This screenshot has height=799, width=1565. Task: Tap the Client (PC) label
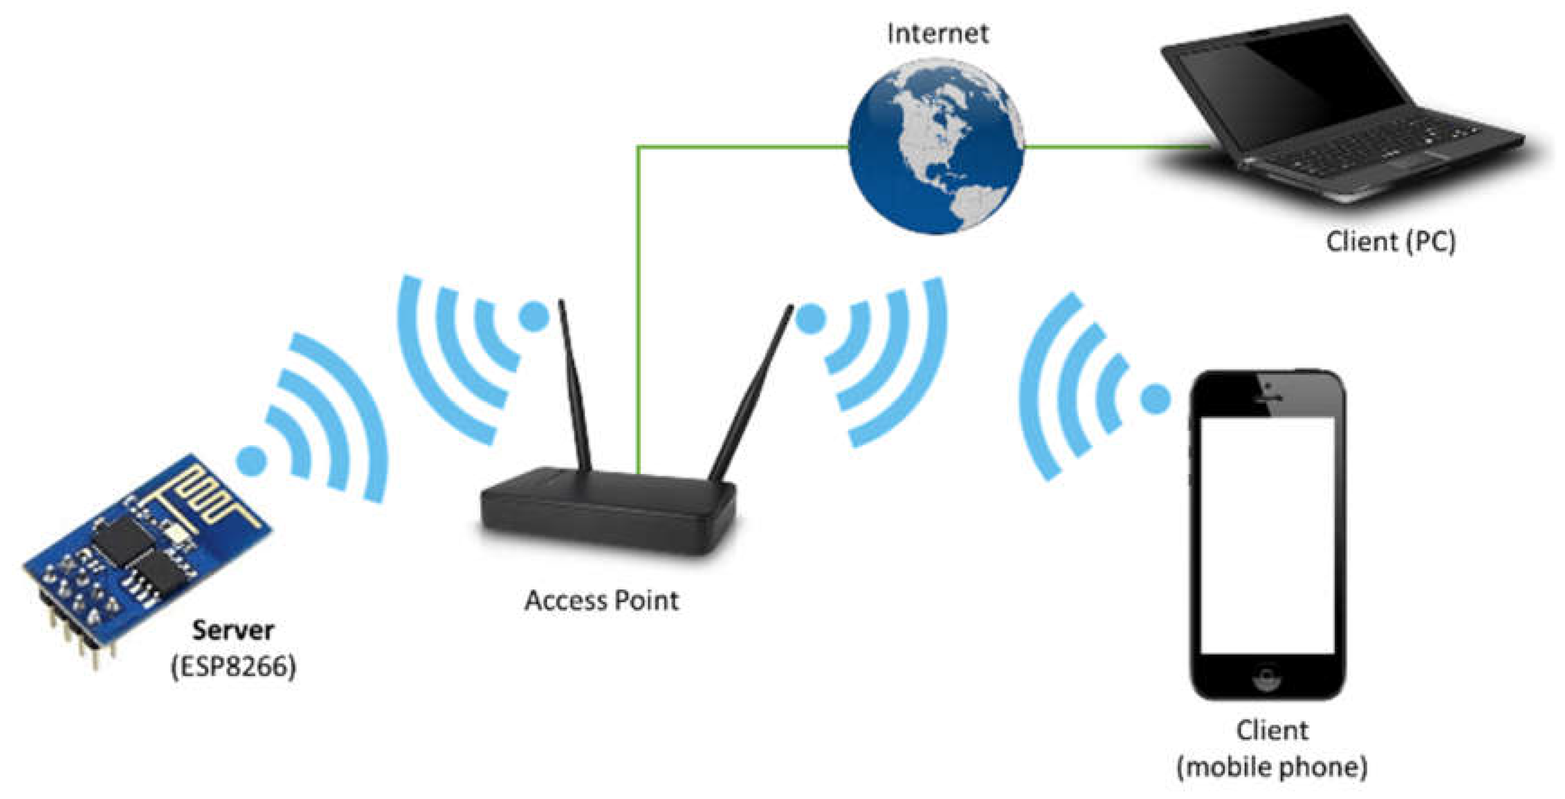tap(1390, 242)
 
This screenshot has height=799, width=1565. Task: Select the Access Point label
tap(601, 601)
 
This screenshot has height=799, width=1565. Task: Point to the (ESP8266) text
tap(233, 667)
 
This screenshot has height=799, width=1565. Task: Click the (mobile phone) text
tap(1272, 767)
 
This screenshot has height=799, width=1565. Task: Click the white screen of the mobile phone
tap(1267, 534)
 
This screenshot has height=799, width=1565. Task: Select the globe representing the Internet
tap(936, 146)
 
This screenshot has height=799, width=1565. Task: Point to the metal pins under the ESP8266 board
tap(79, 638)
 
